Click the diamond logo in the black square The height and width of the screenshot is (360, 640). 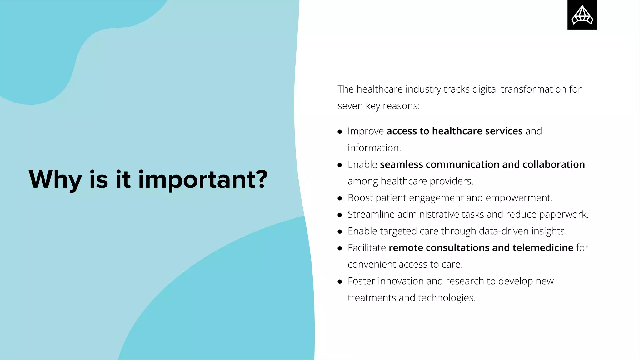pos(582,15)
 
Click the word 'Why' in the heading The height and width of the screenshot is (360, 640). pos(55,180)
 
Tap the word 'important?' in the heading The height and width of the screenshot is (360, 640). pos(203,180)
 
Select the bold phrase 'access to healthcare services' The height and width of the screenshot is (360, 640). pos(454,131)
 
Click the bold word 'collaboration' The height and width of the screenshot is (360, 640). pos(553,164)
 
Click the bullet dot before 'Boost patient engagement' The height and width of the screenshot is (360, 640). pos(340,198)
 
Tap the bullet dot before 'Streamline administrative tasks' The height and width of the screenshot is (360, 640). pos(340,215)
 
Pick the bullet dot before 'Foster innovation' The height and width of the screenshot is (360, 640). pos(340,282)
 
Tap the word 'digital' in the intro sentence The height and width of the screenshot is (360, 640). pos(485,89)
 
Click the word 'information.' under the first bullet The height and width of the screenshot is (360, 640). pos(374,148)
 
